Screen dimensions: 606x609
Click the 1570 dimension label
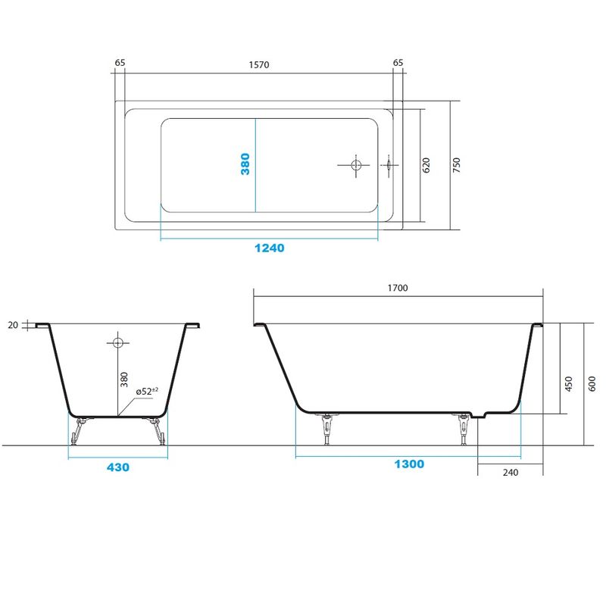tap(259, 65)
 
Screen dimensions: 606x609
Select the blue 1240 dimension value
tap(269, 248)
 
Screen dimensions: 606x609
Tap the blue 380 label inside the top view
tap(245, 164)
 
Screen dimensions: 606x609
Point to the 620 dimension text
tap(426, 165)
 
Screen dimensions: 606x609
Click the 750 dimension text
tap(457, 165)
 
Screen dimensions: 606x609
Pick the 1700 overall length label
tap(398, 288)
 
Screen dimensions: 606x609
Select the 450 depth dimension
tap(569, 384)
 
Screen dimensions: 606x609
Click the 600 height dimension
tap(592, 384)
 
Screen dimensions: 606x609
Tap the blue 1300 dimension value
tap(409, 464)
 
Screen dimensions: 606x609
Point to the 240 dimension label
tap(511, 473)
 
